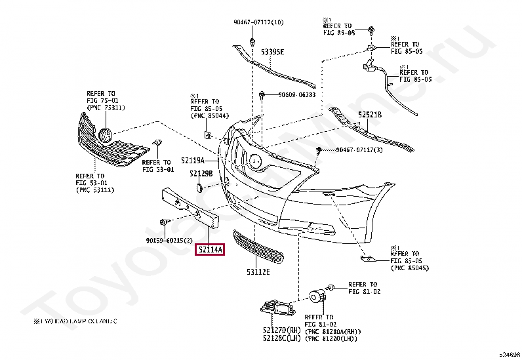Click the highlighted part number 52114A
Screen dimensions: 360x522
tap(209, 250)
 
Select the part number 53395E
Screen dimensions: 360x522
tap(272, 51)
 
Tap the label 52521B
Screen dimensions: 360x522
tap(369, 113)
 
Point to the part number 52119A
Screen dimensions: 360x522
tap(193, 160)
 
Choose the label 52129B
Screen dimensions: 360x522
tap(201, 174)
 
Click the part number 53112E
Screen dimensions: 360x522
tap(258, 271)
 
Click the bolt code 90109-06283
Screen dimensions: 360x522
tap(296, 95)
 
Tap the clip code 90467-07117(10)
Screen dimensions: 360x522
tap(258, 22)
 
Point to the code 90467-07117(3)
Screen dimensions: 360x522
tap(359, 150)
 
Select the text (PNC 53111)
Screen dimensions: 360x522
tap(95, 190)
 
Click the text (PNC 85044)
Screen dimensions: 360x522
tap(210, 116)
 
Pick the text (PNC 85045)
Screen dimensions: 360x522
tap(410, 268)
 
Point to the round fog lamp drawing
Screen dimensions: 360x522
tap(317, 297)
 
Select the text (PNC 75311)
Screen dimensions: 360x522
tap(106, 108)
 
